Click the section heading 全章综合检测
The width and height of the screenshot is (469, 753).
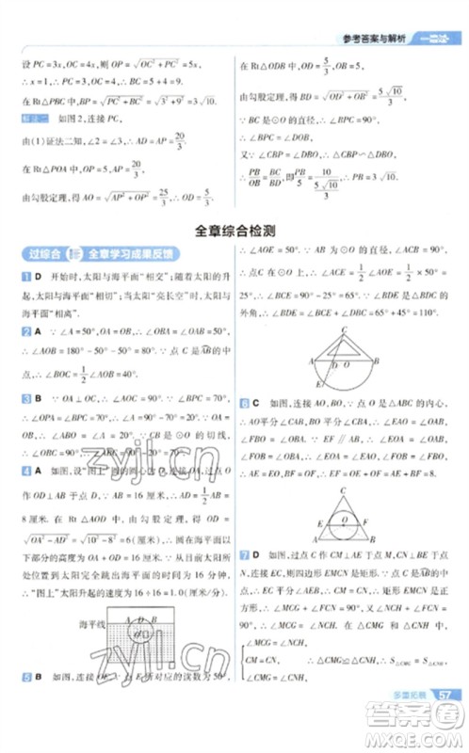tap(234, 230)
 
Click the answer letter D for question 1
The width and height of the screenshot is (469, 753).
tap(37, 275)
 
